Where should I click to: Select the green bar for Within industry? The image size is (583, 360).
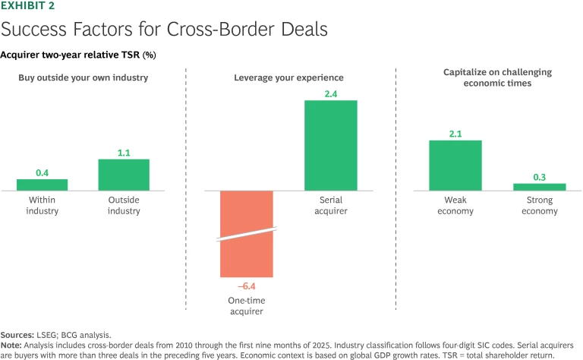tap(43, 185)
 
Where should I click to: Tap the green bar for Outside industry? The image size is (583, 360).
tap(124, 174)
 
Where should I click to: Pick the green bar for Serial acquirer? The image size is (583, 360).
tap(330, 144)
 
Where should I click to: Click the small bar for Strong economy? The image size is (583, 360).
tap(540, 186)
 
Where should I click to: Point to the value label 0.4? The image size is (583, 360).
tap(43, 172)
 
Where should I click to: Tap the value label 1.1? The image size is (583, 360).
tap(124, 152)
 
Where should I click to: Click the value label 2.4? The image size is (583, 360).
tap(330, 93)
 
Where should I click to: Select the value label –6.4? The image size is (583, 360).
tap(246, 286)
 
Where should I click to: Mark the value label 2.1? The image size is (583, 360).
tap(455, 133)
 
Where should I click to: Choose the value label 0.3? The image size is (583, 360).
tap(540, 176)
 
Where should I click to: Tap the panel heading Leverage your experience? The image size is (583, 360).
tap(288, 77)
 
